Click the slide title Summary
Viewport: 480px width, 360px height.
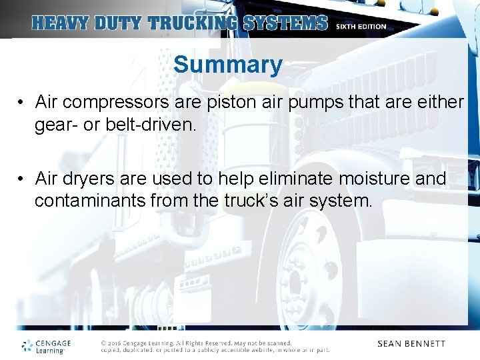[x=227, y=65]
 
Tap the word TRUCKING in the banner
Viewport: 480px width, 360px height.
[x=192, y=23]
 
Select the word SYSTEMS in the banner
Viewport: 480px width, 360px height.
[x=285, y=23]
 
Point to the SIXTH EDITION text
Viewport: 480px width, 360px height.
[x=361, y=27]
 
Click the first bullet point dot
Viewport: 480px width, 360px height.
[x=22, y=103]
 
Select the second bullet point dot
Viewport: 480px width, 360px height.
[x=22, y=179]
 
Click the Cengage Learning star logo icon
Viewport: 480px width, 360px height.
[x=27, y=345]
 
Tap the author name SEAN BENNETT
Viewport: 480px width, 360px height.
[x=411, y=344]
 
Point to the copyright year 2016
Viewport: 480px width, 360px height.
[x=114, y=343]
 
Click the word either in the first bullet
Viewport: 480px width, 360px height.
[x=439, y=102]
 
